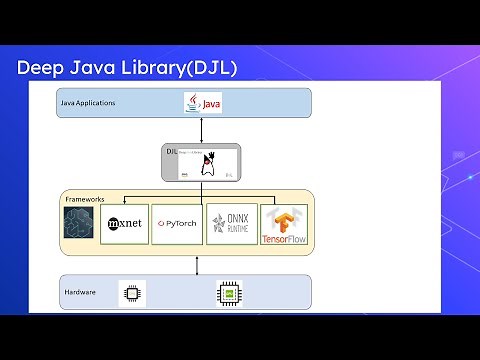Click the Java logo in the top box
pos(202,103)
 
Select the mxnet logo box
pos(124,224)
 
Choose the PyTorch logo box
pos(178,224)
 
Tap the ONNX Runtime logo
pos(231,224)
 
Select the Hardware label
pos(81,293)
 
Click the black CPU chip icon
pos(130,293)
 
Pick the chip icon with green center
pos(230,293)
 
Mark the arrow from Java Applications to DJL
pos(202,130)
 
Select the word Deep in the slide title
pos(40,68)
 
